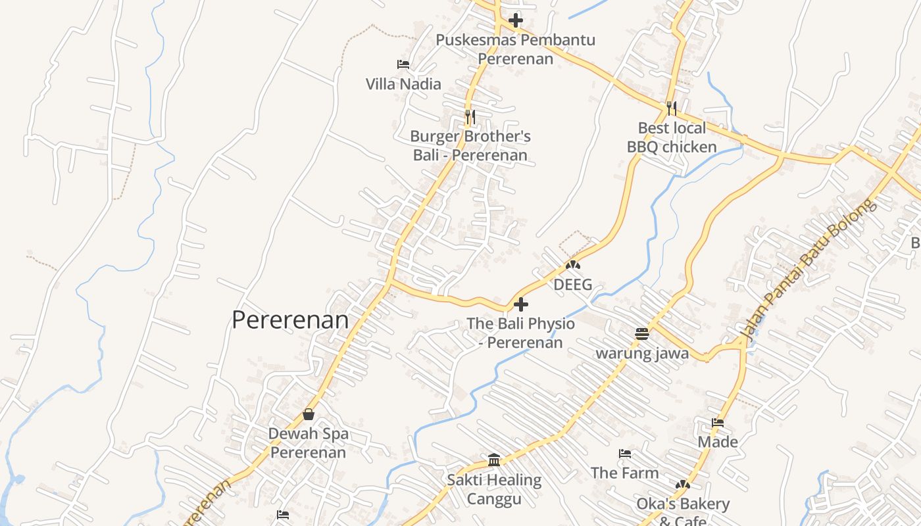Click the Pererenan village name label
290,320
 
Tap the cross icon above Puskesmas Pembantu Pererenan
516,20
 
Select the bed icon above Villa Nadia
403,64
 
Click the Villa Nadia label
403,84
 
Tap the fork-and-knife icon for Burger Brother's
470,117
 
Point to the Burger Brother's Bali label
470,146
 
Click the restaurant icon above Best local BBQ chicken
672,108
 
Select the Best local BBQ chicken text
672,137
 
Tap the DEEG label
573,285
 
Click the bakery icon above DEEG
573,265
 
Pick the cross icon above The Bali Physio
520,304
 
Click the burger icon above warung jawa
642,333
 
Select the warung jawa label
642,353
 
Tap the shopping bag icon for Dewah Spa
309,414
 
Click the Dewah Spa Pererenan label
309,443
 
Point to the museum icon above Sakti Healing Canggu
494,460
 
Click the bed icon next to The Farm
625,454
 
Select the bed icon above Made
718,423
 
